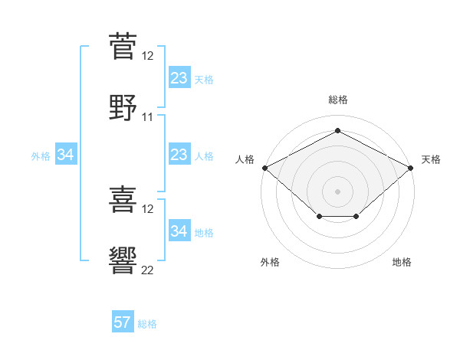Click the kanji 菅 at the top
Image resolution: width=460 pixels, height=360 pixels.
tap(123, 46)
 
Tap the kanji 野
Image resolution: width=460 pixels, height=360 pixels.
tap(123, 107)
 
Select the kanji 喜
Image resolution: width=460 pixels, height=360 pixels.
tap(123, 199)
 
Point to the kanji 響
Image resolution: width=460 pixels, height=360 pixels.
tap(123, 260)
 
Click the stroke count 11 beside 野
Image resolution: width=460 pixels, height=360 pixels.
tap(147, 117)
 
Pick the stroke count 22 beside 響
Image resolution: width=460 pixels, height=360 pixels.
tap(147, 270)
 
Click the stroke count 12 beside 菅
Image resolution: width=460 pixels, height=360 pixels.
tap(147, 56)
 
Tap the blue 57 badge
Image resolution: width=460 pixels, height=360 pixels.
tap(123, 321)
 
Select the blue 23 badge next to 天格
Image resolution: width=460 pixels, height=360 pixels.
tap(179, 77)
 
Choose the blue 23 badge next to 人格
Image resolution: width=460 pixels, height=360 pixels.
tap(179, 154)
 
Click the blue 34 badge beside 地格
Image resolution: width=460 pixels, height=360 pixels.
tap(179, 230)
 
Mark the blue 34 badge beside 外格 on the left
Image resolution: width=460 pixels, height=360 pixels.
tap(66, 154)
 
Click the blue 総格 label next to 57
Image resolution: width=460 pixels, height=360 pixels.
tap(147, 324)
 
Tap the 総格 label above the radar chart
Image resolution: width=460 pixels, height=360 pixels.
tap(338, 100)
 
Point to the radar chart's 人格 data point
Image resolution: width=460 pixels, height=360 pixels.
tap(265, 168)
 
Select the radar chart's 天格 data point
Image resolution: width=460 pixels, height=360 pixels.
tap(411, 168)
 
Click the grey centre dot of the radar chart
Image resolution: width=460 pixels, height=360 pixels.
tap(337, 191)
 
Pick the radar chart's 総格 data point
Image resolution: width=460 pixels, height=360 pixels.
tap(337, 130)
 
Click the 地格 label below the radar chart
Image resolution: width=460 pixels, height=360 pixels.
tap(402, 262)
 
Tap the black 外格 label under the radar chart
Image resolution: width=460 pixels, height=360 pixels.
tap(270, 262)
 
